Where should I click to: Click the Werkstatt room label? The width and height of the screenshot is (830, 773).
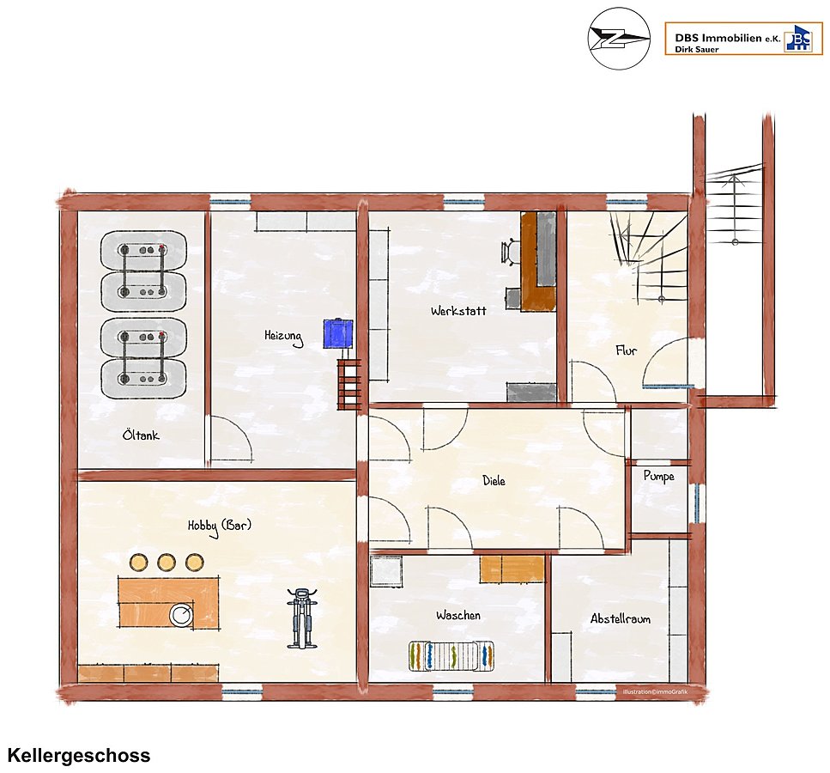458,310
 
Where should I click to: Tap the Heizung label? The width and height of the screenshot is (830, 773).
284,337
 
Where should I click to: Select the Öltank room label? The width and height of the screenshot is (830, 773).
141,435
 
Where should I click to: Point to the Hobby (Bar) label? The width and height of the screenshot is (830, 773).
220,526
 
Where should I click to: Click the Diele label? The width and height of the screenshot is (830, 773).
494,480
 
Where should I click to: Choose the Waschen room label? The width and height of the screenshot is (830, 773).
458,615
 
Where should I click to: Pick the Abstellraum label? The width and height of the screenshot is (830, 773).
621,618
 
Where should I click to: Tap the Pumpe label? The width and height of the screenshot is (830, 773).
659,477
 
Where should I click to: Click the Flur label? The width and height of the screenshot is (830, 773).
627,350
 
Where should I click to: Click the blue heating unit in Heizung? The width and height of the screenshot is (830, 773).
338,333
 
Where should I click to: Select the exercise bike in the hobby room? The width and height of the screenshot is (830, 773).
302,618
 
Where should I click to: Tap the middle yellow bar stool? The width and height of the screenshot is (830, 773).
167,562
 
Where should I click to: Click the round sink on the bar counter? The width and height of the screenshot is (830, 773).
182,615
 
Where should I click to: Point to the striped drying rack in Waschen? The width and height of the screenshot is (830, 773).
451,656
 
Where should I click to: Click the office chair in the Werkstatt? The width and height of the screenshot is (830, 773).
510,250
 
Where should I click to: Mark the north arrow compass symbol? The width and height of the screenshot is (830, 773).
620,38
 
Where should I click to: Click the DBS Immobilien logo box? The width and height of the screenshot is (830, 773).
743,39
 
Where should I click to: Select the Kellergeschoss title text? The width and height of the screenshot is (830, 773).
79,755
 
